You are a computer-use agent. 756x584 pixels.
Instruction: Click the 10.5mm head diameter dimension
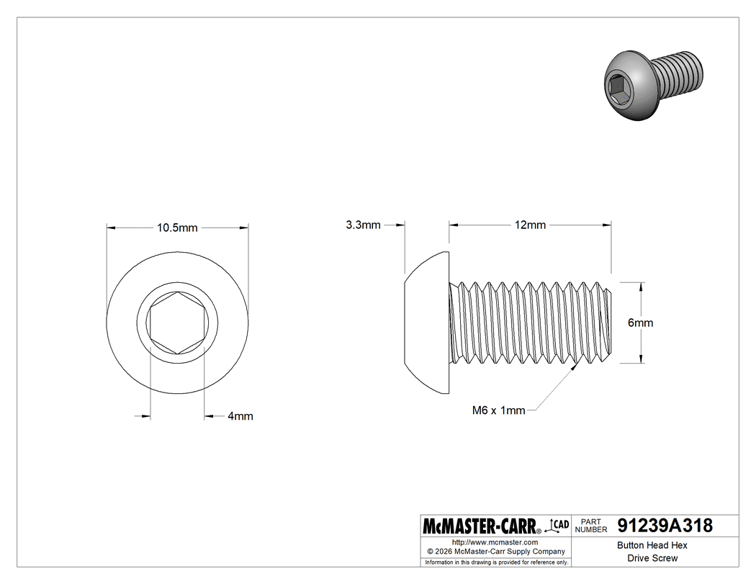(x=177, y=228)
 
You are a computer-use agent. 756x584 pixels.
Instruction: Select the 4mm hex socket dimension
(x=240, y=416)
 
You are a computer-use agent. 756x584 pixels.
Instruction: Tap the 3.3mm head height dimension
(x=363, y=225)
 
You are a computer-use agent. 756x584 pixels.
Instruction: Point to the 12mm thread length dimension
(x=530, y=225)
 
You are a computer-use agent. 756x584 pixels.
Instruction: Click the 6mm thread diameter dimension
(x=640, y=323)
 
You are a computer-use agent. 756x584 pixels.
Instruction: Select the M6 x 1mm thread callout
(x=498, y=410)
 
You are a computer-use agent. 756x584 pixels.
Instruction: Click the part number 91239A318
(x=665, y=526)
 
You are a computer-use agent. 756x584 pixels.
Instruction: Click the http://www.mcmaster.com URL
(x=495, y=542)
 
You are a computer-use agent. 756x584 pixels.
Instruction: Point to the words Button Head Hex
(x=652, y=546)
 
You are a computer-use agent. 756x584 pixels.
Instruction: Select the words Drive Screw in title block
(x=652, y=558)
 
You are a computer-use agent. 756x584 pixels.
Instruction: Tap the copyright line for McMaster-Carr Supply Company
(x=495, y=552)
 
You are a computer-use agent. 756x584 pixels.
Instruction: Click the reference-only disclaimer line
(x=496, y=562)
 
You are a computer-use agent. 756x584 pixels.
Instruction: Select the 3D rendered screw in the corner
(x=651, y=84)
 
